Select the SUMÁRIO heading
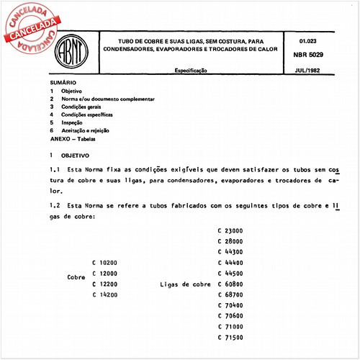(63, 84)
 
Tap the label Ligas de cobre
(185, 284)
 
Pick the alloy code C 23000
(230, 230)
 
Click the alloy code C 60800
(230, 284)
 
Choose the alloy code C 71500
(230, 338)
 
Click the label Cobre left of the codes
(76, 277)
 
